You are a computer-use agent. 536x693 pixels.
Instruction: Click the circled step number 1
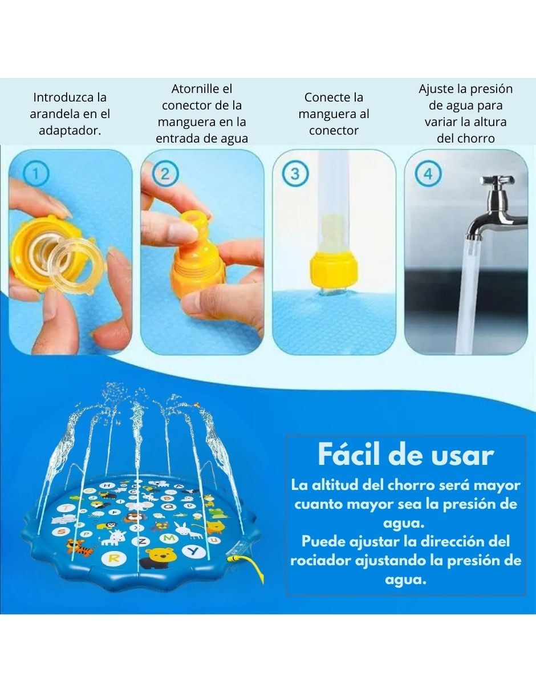[x=36, y=173]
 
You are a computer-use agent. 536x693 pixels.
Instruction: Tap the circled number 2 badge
[x=165, y=173]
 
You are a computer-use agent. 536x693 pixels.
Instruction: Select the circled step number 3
[x=295, y=173]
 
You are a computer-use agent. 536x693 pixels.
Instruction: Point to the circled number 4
[x=428, y=173]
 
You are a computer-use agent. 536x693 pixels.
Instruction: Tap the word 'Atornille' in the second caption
[x=202, y=88]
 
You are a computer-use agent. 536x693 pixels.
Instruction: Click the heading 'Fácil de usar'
[x=405, y=455]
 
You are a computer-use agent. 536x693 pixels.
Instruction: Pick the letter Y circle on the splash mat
[x=194, y=552]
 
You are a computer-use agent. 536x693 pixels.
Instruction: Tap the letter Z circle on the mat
[x=143, y=541]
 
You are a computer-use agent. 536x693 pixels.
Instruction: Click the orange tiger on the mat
[x=79, y=546]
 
